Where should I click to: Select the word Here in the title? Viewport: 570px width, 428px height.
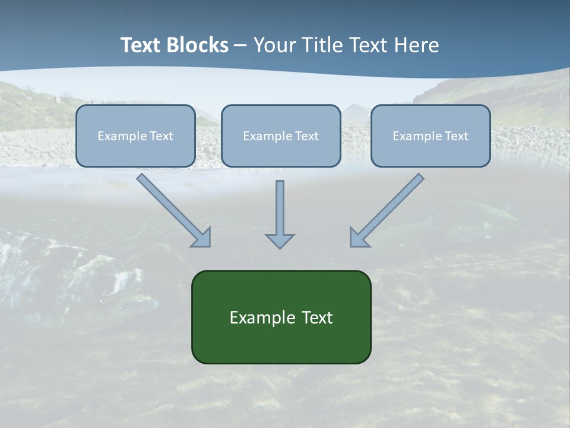coord(416,45)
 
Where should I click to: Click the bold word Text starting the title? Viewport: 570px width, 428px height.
coord(142,45)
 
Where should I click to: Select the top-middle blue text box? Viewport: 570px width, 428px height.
coord(281,152)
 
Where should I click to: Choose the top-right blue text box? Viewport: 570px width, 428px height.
coord(430,152)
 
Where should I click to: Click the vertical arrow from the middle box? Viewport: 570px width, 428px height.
coord(280,208)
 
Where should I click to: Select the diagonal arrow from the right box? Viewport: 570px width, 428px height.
coord(389,208)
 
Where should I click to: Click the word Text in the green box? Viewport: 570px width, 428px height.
coord(317,317)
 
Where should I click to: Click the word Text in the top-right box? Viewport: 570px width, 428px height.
coord(457,136)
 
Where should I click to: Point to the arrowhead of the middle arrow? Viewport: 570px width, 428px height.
coord(280,240)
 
